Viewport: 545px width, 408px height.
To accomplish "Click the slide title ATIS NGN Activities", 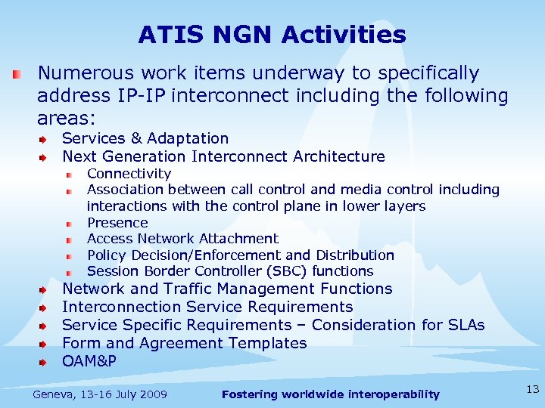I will (272, 35).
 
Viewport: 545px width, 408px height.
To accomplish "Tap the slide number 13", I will (532, 389).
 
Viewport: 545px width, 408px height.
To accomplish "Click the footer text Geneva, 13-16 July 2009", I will (100, 394).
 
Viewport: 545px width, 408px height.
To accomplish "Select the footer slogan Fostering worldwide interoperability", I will (330, 394).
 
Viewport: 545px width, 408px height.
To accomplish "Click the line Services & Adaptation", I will (145, 138).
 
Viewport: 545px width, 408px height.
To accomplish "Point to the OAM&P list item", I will (89, 361).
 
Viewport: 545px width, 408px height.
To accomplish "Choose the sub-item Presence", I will (117, 223).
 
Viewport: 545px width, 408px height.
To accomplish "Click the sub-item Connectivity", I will (129, 174).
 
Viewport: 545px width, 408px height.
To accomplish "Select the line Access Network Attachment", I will (182, 239).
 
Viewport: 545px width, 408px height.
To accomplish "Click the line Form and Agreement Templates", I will (184, 343).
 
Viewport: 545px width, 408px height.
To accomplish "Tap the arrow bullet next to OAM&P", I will (45, 362).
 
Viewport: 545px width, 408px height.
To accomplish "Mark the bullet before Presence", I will (68, 224).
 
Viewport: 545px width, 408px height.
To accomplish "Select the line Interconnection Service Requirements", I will (207, 307).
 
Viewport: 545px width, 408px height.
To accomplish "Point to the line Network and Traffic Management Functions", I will (227, 289).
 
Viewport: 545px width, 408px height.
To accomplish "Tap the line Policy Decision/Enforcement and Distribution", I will (241, 255).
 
